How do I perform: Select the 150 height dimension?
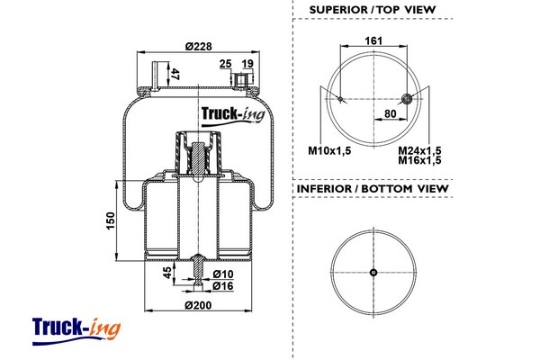(x=111, y=220)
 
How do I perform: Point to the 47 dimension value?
(x=175, y=75)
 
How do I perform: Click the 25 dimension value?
(x=225, y=64)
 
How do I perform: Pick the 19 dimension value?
(x=247, y=64)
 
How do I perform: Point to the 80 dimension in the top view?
(x=391, y=113)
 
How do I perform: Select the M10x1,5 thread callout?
(x=329, y=150)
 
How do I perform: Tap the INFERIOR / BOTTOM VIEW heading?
(x=373, y=189)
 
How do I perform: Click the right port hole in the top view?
(x=408, y=99)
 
